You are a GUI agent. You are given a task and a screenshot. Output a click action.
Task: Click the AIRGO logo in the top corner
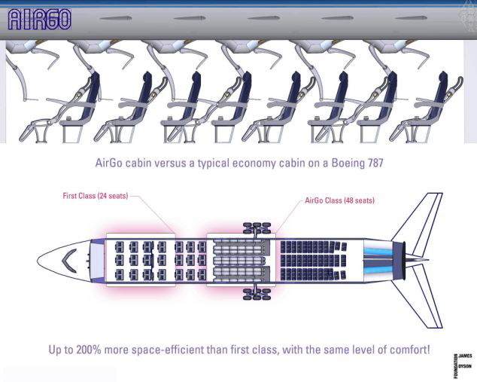click(39, 19)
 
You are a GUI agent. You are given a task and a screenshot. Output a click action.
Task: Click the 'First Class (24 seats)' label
click(96, 196)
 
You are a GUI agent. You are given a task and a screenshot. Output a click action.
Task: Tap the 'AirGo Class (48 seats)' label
click(339, 200)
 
